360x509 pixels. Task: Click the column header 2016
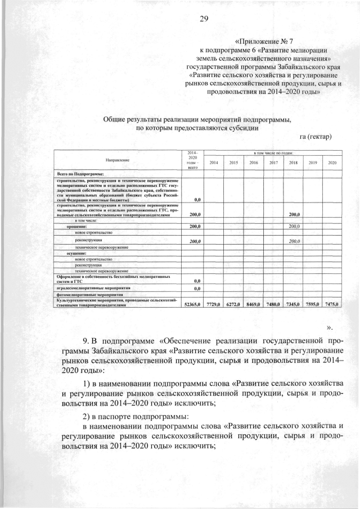[x=254, y=163]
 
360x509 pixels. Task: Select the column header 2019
[x=313, y=163]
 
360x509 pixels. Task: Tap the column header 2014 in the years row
[x=214, y=163]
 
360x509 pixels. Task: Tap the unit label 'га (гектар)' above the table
[x=316, y=136]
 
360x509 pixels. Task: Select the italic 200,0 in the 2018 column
[x=294, y=241]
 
